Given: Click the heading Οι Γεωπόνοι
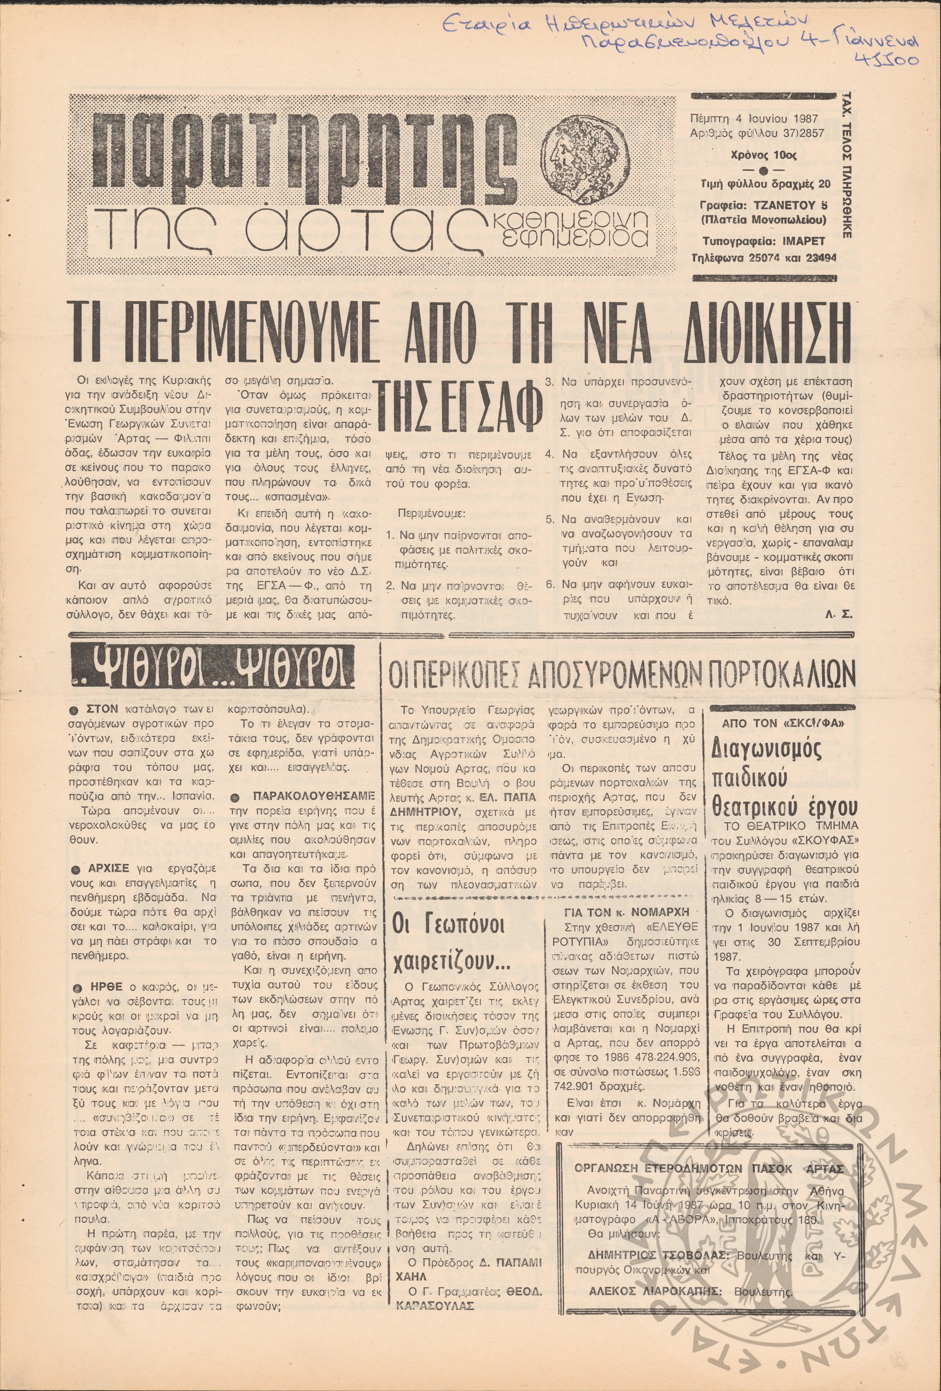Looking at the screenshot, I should point(448,927).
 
